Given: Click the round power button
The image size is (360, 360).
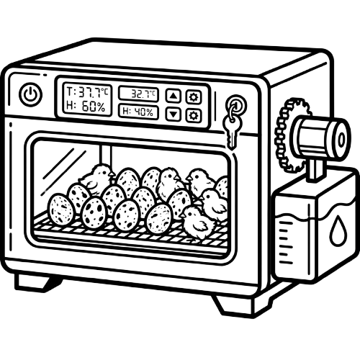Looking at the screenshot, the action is [x=30, y=94].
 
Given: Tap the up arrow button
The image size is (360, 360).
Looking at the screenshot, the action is [x=174, y=96].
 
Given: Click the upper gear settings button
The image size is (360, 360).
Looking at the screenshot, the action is [x=194, y=97].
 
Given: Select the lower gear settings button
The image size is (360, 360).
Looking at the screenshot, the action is [x=193, y=115].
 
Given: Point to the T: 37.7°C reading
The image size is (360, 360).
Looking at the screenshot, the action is [x=87, y=92].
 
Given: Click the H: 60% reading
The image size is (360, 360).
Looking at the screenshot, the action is [x=86, y=107].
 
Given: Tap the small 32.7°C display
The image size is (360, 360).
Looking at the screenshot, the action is [x=139, y=94].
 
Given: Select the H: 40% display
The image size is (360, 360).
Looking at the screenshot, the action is [x=138, y=112].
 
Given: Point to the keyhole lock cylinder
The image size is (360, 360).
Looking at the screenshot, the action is [x=236, y=105].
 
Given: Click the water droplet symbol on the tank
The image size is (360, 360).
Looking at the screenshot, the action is [x=337, y=230].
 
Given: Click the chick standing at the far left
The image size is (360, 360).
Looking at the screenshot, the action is [x=95, y=179].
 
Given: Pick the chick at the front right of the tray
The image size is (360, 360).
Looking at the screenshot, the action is [x=198, y=223].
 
